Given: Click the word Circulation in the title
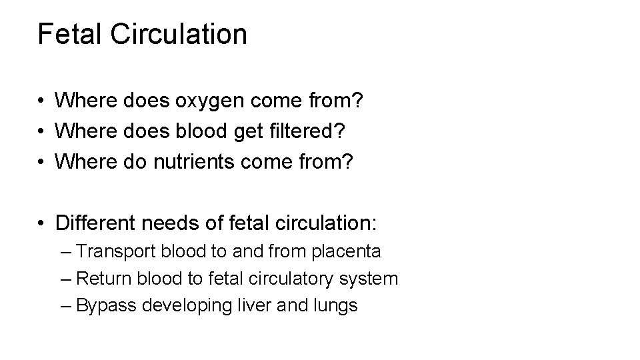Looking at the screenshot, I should [180, 34].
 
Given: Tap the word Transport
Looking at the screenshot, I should [115, 252].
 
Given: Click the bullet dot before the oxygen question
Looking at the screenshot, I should [41, 102].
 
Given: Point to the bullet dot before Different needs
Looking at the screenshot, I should [41, 222].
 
